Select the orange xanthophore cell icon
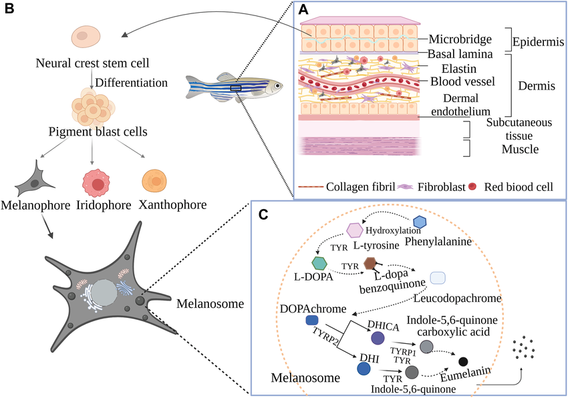point(157,182)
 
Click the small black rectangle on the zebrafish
point(235,87)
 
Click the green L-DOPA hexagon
point(319,263)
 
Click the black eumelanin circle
point(463,361)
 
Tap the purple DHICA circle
point(378,338)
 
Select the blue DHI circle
point(364,368)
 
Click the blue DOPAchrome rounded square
point(312,321)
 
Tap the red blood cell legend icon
point(474,186)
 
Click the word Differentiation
point(131,83)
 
